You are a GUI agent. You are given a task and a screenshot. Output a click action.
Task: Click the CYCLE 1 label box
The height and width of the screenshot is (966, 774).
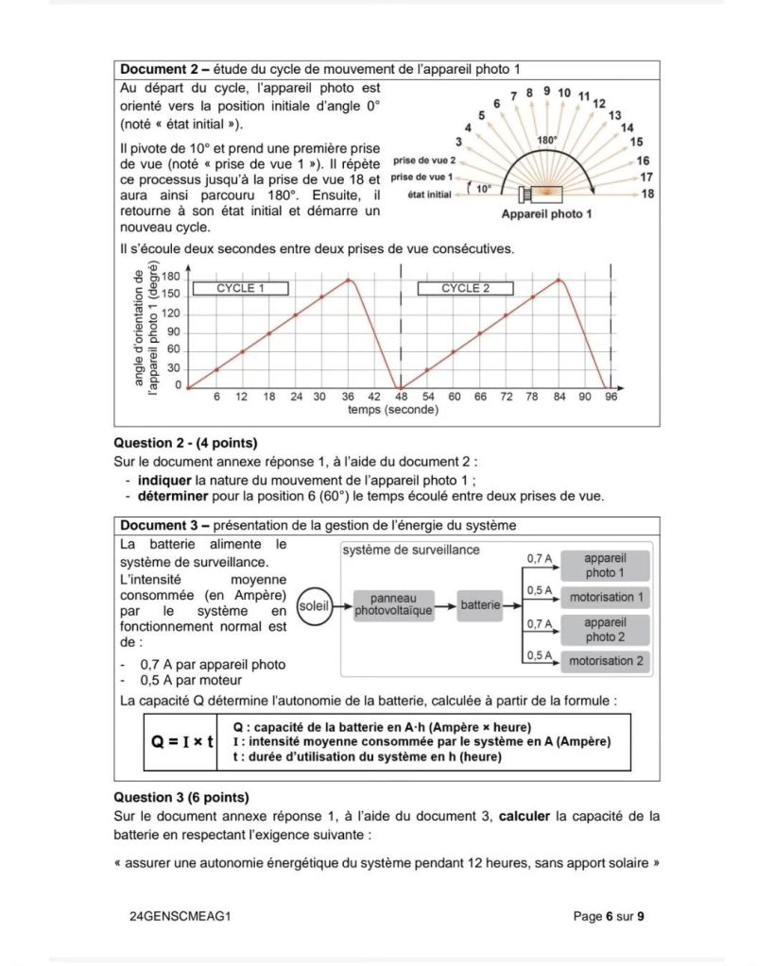(241, 289)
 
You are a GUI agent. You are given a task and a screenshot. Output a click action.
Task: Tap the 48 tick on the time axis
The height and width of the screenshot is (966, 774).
(401, 398)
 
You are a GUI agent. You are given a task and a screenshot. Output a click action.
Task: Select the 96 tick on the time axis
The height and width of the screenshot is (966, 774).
(611, 398)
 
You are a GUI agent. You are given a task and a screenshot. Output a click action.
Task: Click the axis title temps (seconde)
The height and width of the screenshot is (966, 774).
(392, 411)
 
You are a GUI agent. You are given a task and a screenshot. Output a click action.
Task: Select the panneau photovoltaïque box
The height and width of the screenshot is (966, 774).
(393, 605)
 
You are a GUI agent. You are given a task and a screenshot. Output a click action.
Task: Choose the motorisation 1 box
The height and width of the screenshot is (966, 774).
(607, 598)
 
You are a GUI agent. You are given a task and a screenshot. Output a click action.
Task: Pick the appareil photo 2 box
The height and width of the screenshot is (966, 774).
(605, 630)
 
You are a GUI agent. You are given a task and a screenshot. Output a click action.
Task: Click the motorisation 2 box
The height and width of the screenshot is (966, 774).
(607, 661)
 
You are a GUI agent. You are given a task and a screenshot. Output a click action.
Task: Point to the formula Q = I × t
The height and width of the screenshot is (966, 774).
(183, 741)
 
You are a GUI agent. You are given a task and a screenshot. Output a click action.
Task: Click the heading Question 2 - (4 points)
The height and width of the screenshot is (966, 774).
(185, 442)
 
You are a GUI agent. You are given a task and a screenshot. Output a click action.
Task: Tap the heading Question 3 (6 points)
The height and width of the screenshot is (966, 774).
(181, 797)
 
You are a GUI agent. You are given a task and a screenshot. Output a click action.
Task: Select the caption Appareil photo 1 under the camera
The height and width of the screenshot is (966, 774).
(546, 214)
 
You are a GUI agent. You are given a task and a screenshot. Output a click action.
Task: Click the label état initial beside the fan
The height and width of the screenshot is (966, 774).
(429, 195)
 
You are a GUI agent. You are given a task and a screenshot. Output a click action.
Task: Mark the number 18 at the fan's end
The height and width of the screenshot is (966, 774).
(647, 194)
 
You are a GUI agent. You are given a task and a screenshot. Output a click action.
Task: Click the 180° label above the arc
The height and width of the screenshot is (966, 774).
(548, 140)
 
